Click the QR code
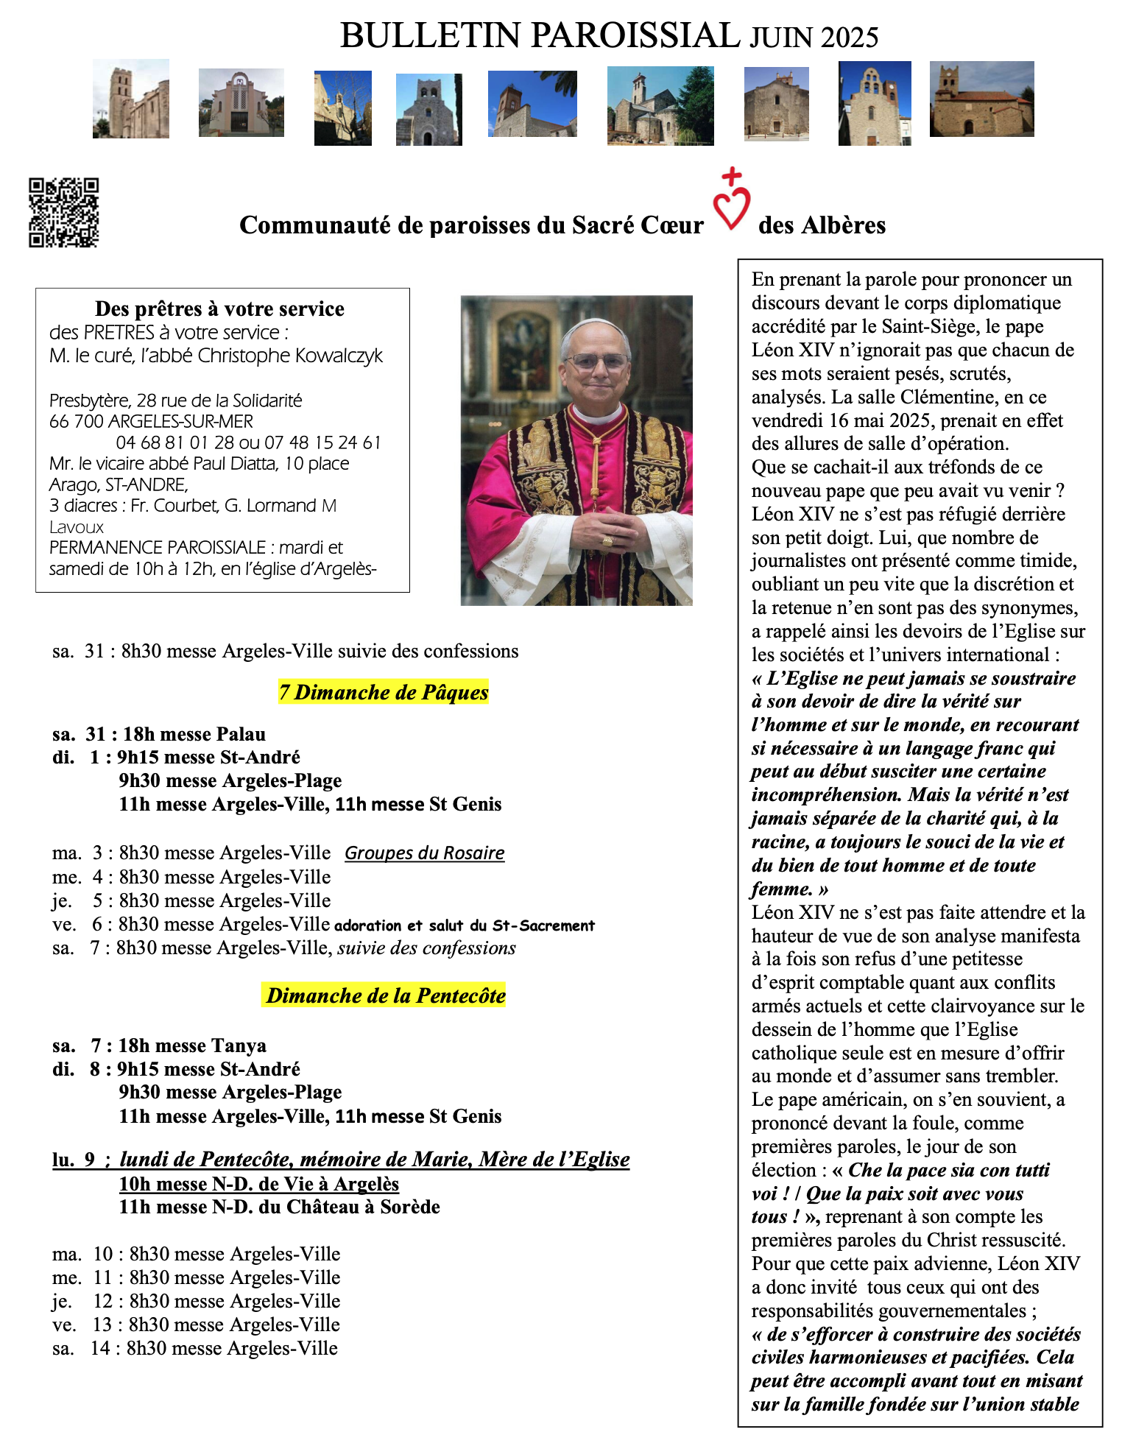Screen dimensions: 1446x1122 coord(64,213)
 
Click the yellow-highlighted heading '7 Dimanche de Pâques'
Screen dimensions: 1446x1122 coord(384,692)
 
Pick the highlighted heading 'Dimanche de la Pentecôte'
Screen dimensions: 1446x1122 coord(386,995)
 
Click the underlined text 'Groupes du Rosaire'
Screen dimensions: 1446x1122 coord(425,853)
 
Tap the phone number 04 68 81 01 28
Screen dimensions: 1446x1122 coord(174,442)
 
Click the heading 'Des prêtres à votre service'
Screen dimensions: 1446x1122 coord(219,308)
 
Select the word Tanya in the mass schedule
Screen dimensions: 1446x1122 coord(239,1045)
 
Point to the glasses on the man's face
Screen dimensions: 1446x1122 coord(596,361)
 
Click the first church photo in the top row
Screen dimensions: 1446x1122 coord(131,99)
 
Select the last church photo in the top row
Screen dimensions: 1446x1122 coord(981,99)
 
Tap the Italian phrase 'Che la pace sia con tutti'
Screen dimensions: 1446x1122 coord(949,1170)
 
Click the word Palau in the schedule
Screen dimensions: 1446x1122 coord(241,734)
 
